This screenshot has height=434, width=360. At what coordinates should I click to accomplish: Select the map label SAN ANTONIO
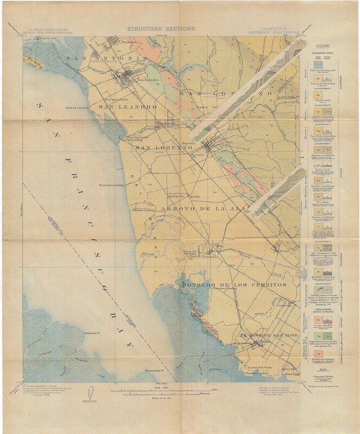pyautogui.click(x=107, y=58)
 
